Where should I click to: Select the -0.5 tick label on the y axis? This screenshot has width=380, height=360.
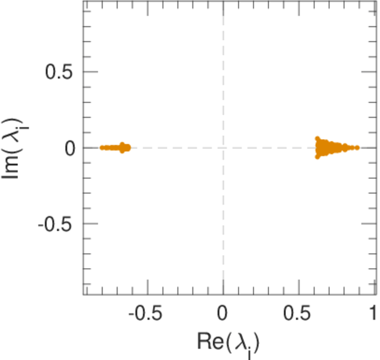point(57,223)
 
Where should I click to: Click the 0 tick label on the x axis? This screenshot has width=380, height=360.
point(223,314)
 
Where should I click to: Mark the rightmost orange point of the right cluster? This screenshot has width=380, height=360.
point(357,148)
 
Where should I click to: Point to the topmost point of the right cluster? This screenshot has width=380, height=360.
point(318,139)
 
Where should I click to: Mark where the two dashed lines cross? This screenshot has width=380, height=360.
point(223,148)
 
